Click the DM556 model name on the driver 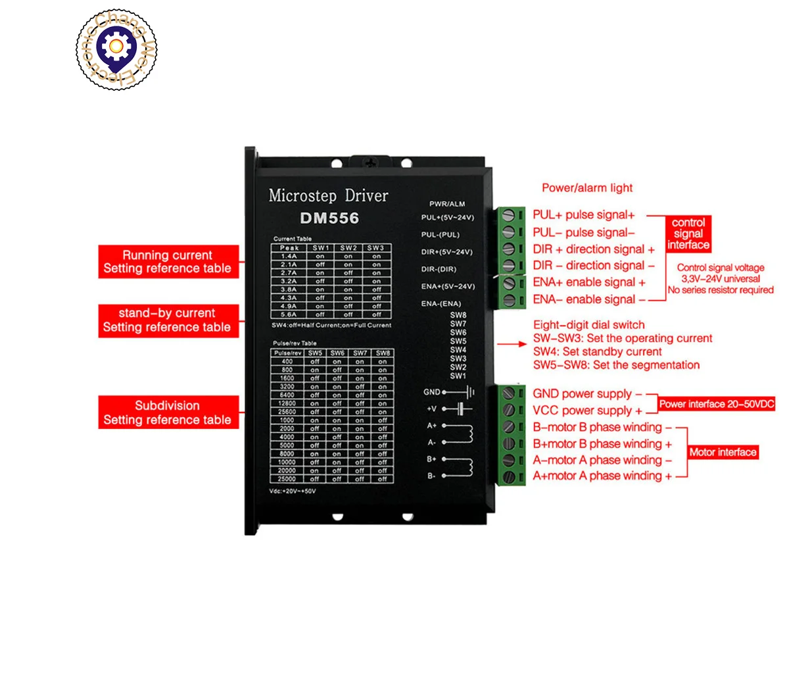click(x=329, y=218)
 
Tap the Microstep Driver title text click(x=328, y=195)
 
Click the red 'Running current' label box click(x=168, y=262)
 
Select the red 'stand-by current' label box click(x=168, y=320)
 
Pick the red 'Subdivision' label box click(x=168, y=413)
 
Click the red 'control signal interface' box click(x=688, y=234)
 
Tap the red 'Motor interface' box click(x=723, y=452)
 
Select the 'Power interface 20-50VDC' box click(x=717, y=404)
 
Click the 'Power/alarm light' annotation click(x=587, y=188)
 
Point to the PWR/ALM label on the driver click(x=447, y=204)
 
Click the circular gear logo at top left click(x=116, y=49)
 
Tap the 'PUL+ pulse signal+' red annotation click(x=584, y=215)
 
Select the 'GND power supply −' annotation click(x=587, y=393)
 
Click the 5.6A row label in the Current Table click(x=289, y=315)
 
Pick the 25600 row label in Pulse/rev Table click(x=287, y=412)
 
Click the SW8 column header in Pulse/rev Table click(x=383, y=353)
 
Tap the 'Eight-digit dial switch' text click(x=588, y=325)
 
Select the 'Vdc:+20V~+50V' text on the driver click(x=293, y=492)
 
